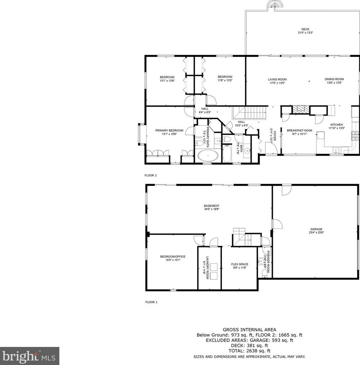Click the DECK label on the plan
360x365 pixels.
(305, 29)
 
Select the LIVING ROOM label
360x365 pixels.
(277, 79)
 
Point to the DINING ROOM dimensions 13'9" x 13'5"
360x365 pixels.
(334, 83)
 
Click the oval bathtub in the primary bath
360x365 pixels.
(208, 155)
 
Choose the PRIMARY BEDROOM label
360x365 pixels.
(169, 131)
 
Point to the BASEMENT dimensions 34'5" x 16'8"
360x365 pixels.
(212, 210)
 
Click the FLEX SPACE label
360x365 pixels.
(239, 264)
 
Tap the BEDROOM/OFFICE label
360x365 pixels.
(173, 257)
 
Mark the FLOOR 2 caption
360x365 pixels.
(151, 175)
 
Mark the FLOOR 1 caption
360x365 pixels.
(151, 302)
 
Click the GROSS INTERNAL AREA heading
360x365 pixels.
(250, 329)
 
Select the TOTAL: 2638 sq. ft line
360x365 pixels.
(250, 351)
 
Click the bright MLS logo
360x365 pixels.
(29, 356)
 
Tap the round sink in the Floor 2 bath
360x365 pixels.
(247, 151)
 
